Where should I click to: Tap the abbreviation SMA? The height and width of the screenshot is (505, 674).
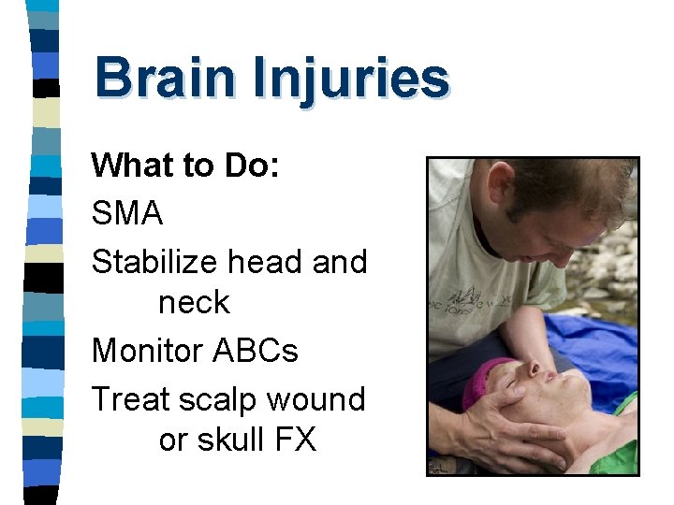click(127, 213)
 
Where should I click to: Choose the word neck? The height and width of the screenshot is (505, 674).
click(194, 302)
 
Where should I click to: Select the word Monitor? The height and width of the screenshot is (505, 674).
click(147, 351)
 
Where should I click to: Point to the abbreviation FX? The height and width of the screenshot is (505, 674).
click(294, 440)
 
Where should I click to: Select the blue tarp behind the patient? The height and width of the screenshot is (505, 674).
click(599, 337)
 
